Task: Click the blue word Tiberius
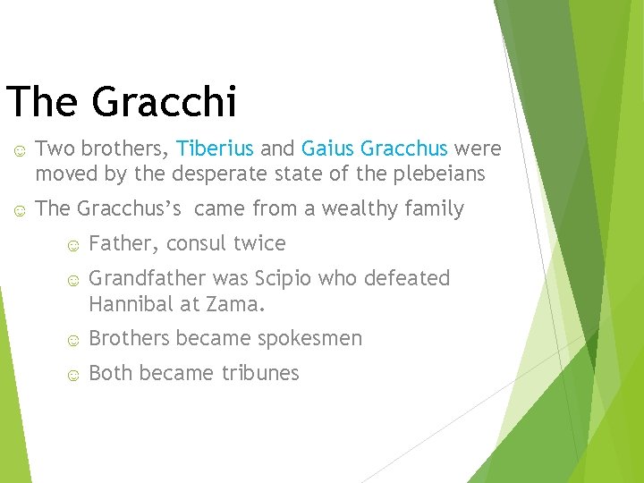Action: tap(216, 148)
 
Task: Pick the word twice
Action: tap(258, 244)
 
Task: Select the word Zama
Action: tap(235, 304)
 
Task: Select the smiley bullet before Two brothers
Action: tap(19, 149)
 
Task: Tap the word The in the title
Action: tap(42, 102)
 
